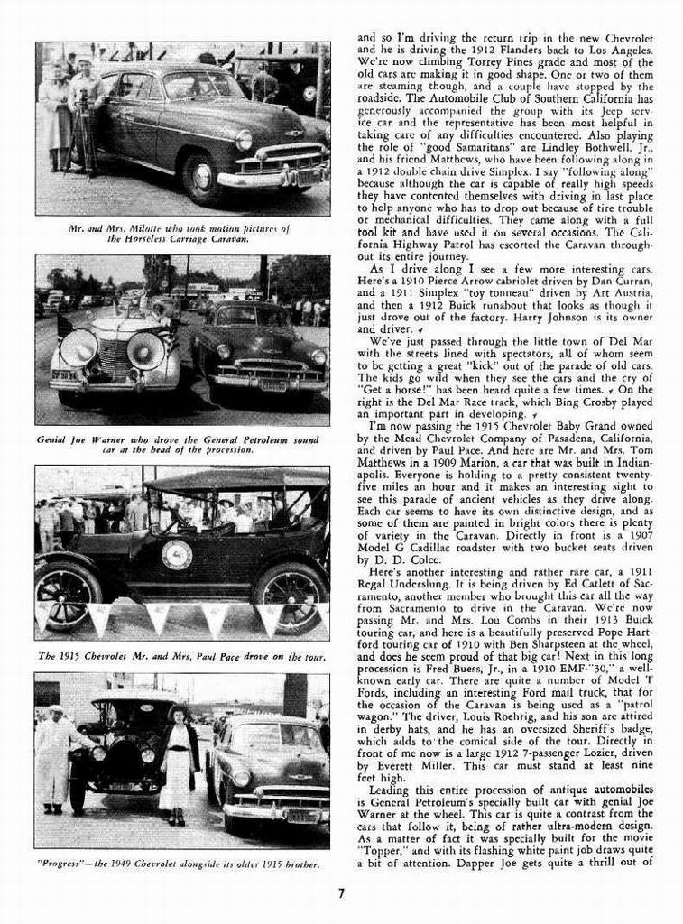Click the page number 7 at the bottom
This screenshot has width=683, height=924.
[x=341, y=894]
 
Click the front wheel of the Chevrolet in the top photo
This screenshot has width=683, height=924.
[x=201, y=177]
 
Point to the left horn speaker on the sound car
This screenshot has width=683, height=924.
[x=78, y=348]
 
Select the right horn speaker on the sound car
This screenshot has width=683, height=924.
[x=145, y=350]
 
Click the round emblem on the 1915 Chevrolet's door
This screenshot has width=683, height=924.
[x=176, y=554]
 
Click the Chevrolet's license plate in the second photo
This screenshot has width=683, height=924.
[x=272, y=385]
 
